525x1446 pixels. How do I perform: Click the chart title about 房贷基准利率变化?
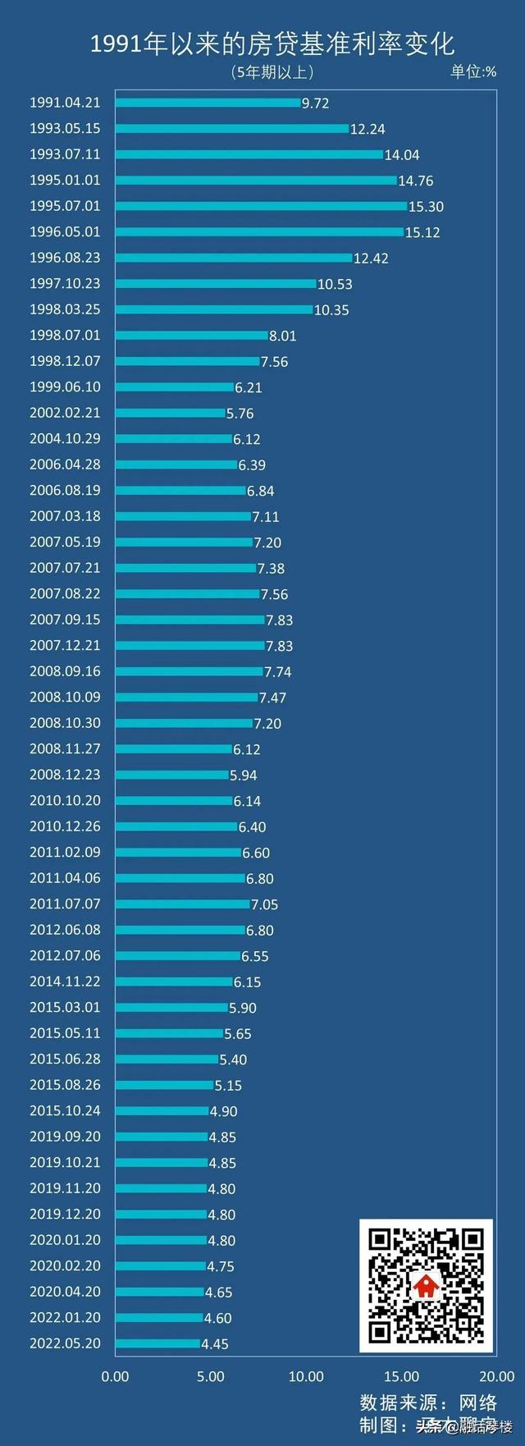point(272,43)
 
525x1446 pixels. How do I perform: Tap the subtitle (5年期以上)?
point(272,72)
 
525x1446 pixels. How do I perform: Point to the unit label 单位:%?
point(473,71)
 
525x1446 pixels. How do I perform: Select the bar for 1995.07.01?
point(261,206)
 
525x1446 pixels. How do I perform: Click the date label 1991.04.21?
point(65,103)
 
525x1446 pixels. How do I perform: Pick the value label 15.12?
point(422,232)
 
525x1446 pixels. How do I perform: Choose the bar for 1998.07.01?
point(192,335)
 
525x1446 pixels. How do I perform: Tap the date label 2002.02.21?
point(65,413)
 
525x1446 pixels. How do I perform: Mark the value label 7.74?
point(277,671)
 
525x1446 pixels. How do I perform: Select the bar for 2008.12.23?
point(172,775)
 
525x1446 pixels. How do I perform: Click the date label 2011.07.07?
point(65,904)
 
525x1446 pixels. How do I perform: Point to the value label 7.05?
point(264,904)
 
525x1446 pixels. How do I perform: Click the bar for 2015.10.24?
point(162,1110)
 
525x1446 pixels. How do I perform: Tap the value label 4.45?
point(215,1344)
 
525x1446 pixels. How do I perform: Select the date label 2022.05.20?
point(65,1343)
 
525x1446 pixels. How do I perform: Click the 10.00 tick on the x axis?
point(306,1376)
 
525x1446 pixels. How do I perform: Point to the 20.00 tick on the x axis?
point(496,1376)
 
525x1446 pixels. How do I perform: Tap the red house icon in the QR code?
point(426,1285)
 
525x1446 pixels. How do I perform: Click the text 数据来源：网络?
point(428,1402)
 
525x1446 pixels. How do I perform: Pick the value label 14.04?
point(402,155)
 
